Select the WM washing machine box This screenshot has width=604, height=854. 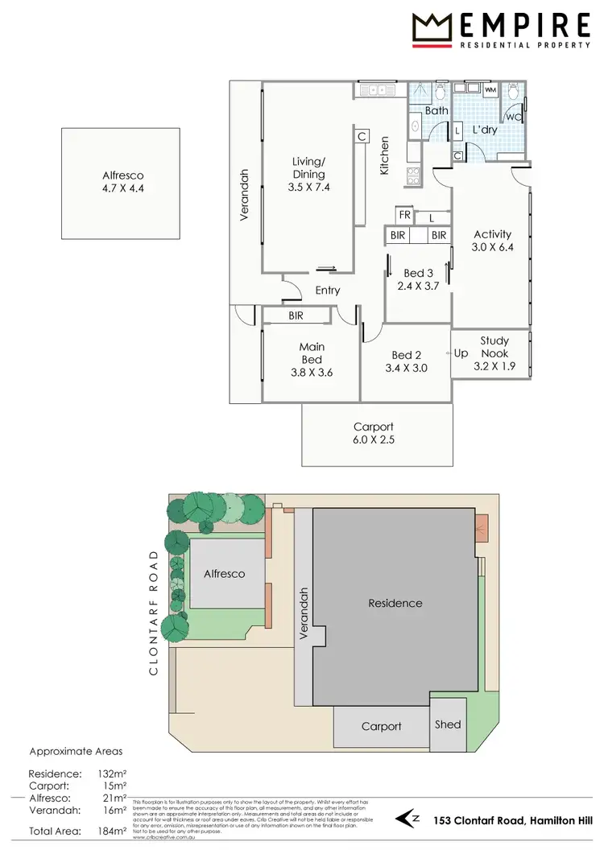click(490, 91)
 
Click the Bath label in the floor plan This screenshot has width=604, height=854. click(436, 110)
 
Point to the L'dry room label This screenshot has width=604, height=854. click(485, 130)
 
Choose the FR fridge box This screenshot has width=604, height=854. click(404, 216)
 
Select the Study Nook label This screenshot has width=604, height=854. click(494, 347)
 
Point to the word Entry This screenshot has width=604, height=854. click(328, 291)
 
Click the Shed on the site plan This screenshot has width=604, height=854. click(448, 724)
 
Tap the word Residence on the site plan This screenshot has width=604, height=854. click(395, 603)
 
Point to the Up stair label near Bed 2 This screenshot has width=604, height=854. click(461, 353)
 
